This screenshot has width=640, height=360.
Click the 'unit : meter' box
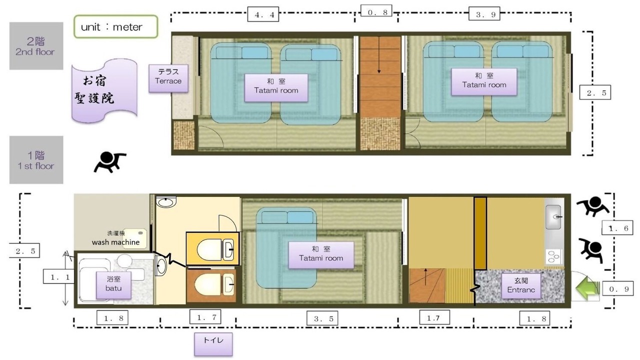pyautogui.click(x=115, y=26)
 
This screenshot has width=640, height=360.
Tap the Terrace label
pyautogui.click(x=168, y=78)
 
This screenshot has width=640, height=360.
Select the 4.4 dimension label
pyautogui.click(x=263, y=14)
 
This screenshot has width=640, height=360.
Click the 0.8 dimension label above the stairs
pyautogui.click(x=376, y=12)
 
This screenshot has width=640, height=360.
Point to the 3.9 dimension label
pyautogui.click(x=484, y=13)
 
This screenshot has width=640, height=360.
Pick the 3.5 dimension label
pyautogui.click(x=322, y=318)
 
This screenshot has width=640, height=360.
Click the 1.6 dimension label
pyautogui.click(x=617, y=227)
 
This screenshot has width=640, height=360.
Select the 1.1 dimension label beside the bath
pyautogui.click(x=58, y=276)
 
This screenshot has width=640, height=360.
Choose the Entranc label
pyautogui.click(x=521, y=285)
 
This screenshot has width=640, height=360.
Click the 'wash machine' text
pyautogui.click(x=115, y=242)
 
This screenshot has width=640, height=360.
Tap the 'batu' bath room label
pyautogui.click(x=113, y=285)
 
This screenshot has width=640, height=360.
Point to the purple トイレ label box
pyautogui.click(x=213, y=344)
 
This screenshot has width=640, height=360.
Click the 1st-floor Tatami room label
pyautogui.click(x=321, y=255)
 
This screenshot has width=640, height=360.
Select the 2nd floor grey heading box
pyautogui.click(x=36, y=45)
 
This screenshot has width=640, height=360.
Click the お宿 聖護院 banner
pyautogui.click(x=104, y=90)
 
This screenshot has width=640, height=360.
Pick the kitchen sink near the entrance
pyautogui.click(x=553, y=217)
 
